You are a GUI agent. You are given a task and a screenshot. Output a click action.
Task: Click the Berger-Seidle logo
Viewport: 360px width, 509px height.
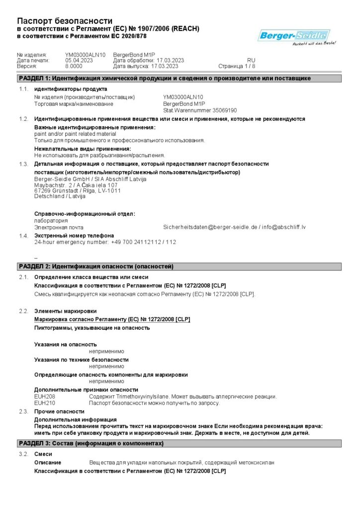[x=294, y=36]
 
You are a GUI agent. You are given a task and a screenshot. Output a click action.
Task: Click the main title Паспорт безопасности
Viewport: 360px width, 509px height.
[x=65, y=21]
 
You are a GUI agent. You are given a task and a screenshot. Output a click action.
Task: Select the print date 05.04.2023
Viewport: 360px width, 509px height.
[x=79, y=60]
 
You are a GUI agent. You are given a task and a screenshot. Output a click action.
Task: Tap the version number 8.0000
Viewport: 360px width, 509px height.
[x=74, y=66]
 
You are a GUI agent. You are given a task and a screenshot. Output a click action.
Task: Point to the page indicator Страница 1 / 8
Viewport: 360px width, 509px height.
[x=237, y=66]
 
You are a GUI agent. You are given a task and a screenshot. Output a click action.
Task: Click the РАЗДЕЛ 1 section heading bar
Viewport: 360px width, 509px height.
[x=180, y=79]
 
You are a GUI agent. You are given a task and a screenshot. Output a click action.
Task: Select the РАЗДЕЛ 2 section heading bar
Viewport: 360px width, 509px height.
[x=180, y=267]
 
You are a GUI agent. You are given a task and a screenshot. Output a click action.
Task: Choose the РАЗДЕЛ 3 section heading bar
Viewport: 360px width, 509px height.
[x=180, y=443]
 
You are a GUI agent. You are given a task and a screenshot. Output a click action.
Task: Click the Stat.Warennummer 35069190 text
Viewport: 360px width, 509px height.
[x=200, y=110]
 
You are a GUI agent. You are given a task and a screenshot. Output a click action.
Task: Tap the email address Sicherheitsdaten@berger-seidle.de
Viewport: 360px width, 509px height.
[x=209, y=227]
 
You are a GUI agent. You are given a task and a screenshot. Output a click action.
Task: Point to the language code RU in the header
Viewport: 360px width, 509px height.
[x=251, y=60]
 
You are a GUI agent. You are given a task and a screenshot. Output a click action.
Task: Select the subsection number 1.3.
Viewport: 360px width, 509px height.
[x=23, y=164]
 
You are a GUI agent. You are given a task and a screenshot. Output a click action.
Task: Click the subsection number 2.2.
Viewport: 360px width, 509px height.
[x=23, y=311]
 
